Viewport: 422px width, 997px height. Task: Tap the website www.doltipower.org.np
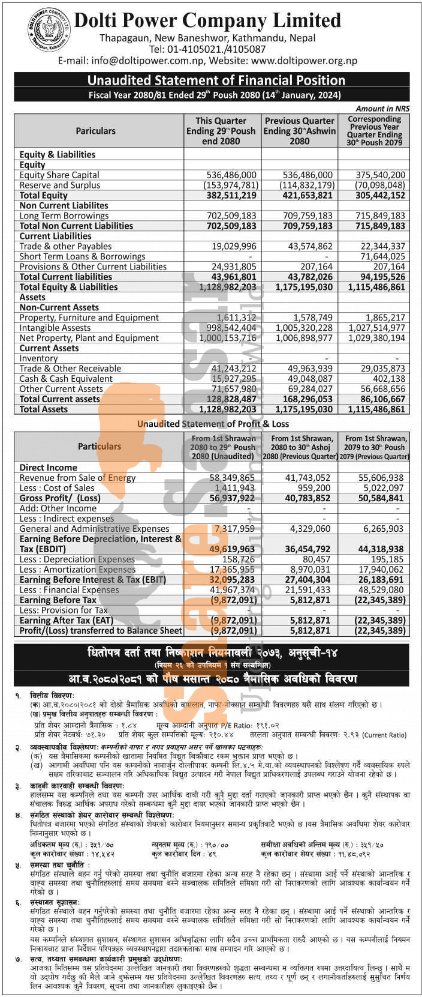[304, 61]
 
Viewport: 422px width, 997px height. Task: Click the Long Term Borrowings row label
[64, 215]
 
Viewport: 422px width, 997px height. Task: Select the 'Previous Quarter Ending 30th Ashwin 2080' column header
[300, 131]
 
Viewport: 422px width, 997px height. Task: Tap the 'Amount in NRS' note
[382, 109]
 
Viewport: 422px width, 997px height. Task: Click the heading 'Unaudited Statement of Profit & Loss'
[212, 424]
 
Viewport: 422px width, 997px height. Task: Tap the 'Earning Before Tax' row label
[58, 600]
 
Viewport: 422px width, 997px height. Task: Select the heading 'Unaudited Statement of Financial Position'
[216, 80]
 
